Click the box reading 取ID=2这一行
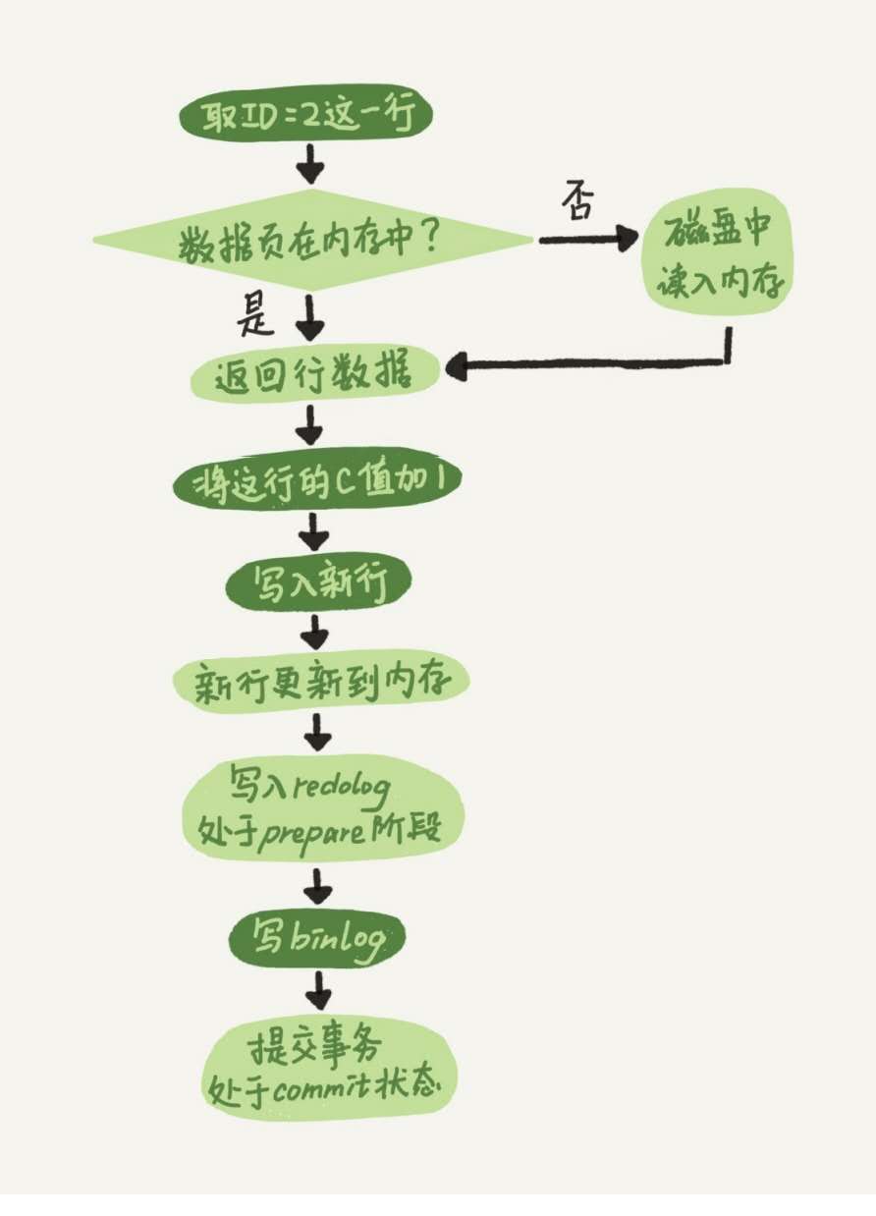coord(304,119)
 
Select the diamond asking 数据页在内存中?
coord(312,240)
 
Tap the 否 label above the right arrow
coord(578,203)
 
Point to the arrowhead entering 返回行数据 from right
coord(457,368)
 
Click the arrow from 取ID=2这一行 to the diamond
coord(310,164)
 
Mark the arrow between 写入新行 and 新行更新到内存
coord(315,632)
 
